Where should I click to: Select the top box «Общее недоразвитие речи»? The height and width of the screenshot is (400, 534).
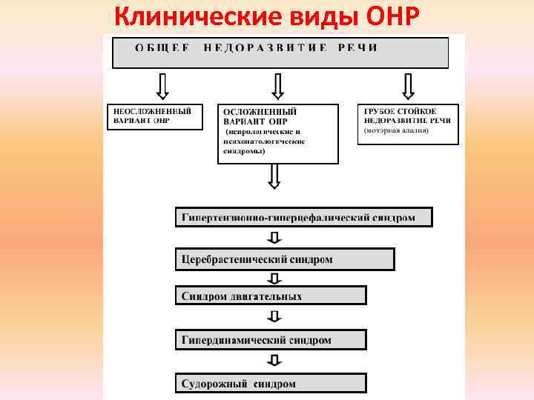280,53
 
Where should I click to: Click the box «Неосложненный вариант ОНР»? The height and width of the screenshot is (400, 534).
155,117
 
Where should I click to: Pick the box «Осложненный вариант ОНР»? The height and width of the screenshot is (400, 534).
277,133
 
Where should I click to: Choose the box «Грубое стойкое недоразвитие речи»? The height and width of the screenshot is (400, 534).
408,124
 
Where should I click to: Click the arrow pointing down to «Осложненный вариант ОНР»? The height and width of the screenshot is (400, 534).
277,86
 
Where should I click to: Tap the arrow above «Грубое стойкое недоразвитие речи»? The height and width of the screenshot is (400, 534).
407,86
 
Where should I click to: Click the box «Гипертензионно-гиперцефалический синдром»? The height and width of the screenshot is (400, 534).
303,217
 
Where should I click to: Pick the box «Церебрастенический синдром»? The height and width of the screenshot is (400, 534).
285,259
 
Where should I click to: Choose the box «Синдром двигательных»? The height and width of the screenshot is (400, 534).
271,296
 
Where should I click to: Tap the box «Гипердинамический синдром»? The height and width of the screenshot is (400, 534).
271,340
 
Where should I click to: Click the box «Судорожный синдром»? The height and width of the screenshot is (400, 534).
271,383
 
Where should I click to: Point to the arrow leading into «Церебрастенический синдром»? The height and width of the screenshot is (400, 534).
274,238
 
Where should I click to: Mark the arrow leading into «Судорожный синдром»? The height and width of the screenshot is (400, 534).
274,361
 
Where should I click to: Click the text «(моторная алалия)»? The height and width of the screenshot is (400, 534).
397,131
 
